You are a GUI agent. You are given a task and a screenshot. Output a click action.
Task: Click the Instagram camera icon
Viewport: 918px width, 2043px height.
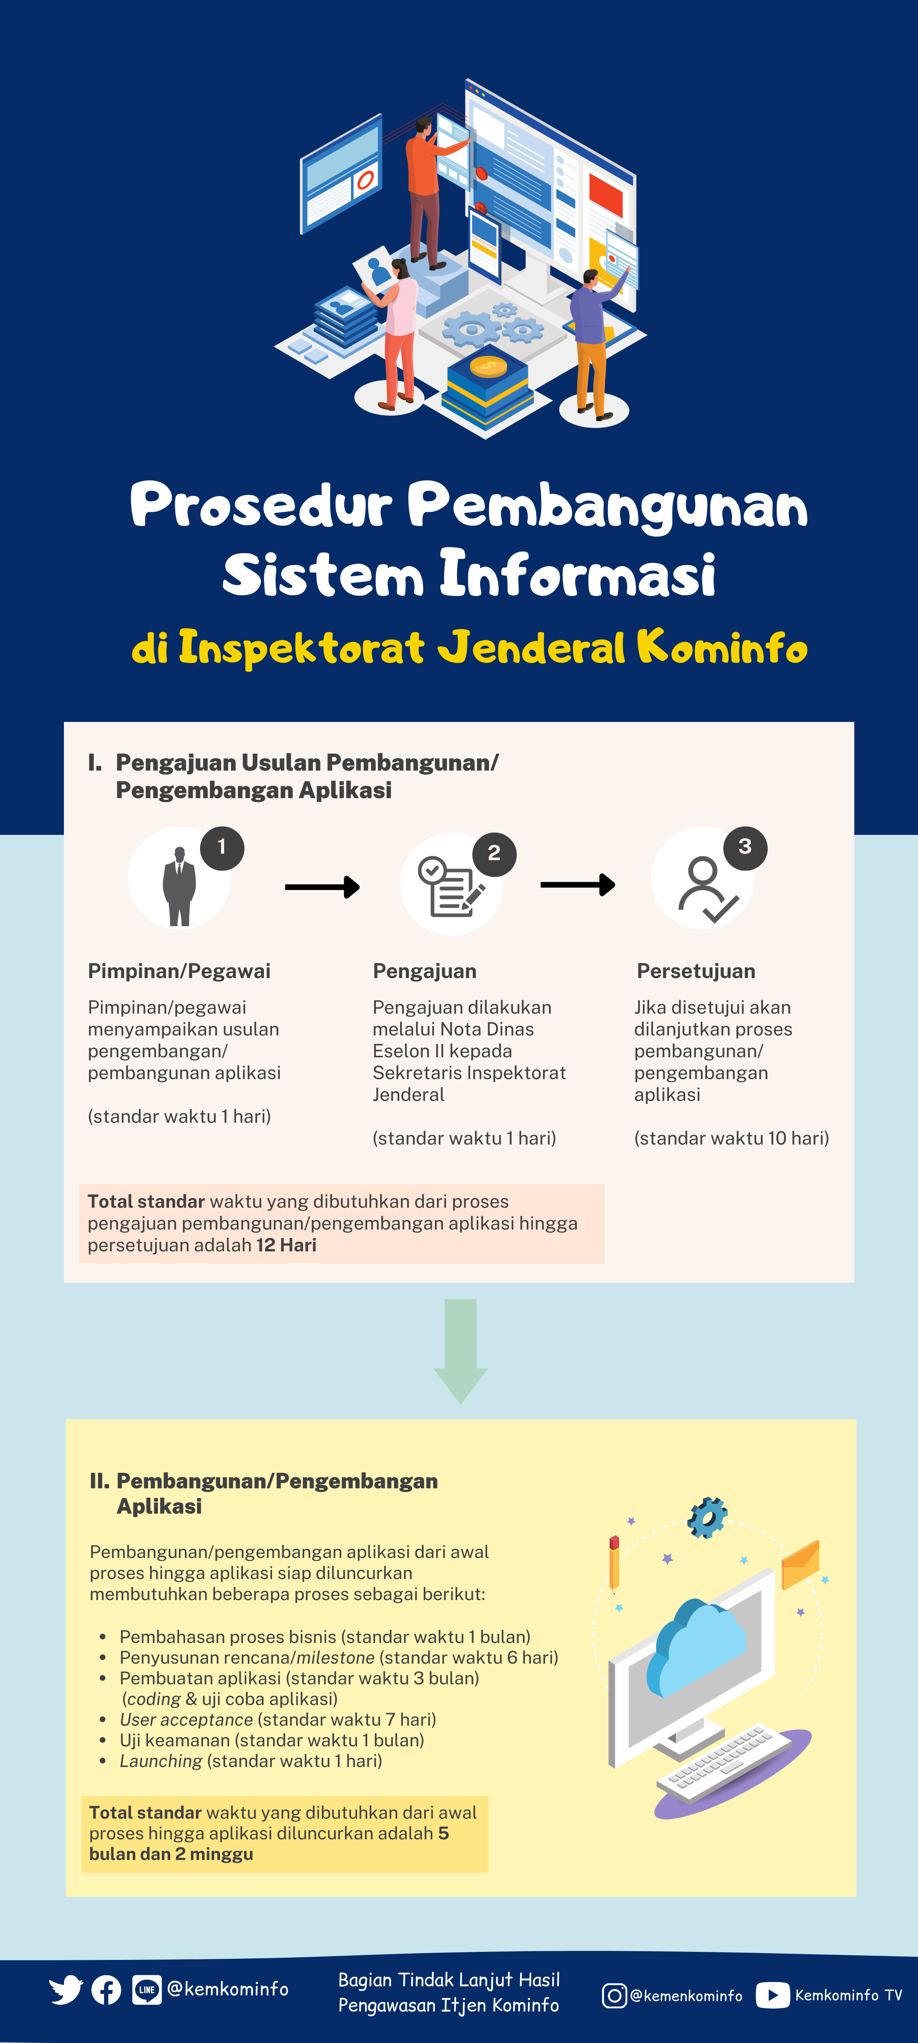click(614, 1996)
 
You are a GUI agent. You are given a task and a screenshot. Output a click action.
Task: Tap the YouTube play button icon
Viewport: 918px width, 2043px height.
click(773, 1996)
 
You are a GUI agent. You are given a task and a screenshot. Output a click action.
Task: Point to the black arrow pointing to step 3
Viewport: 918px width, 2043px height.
click(578, 884)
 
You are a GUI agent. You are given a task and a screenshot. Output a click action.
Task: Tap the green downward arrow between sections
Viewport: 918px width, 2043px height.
click(461, 1351)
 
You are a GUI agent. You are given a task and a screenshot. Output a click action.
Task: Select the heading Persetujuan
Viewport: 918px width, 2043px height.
click(696, 972)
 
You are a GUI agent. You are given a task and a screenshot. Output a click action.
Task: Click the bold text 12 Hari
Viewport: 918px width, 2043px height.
click(286, 1245)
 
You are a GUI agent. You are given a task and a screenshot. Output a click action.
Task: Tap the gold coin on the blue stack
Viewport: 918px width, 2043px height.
click(488, 366)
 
